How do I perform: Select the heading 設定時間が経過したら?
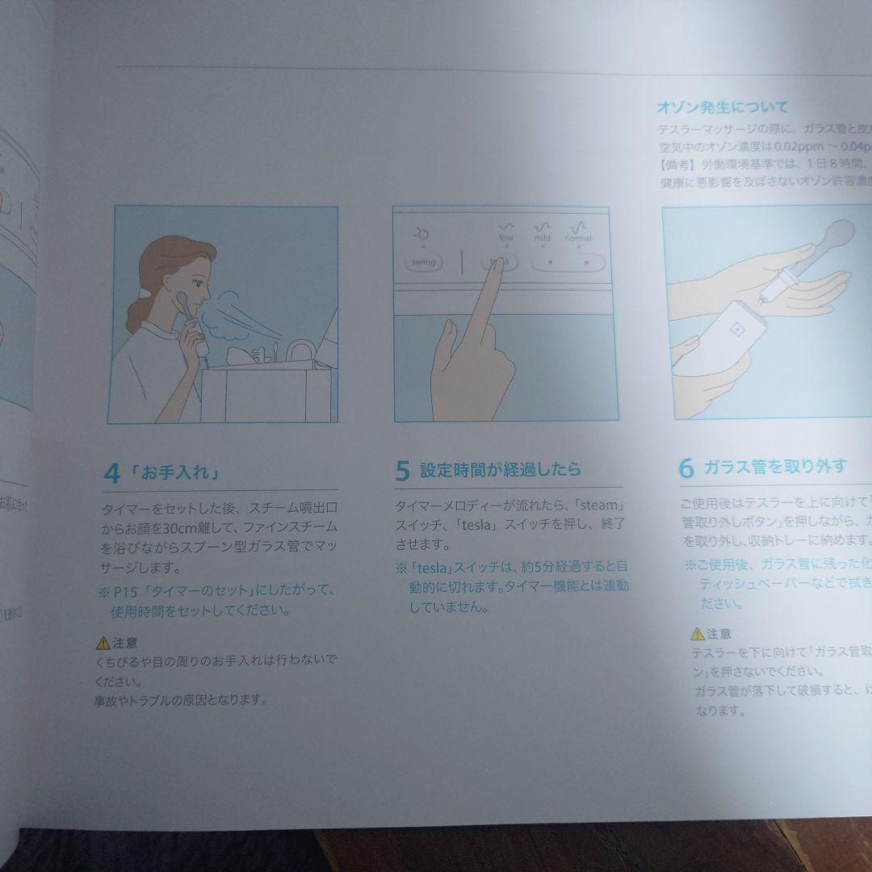pyautogui.click(x=500, y=470)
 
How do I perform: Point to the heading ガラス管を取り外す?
pyautogui.click(x=774, y=467)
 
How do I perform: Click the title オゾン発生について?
pyautogui.click(x=723, y=107)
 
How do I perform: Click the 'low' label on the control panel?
pyautogui.click(x=505, y=238)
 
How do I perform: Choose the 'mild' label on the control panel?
pyautogui.click(x=541, y=238)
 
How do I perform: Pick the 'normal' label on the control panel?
pyautogui.click(x=578, y=238)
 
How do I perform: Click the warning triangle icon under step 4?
pyautogui.click(x=103, y=644)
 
